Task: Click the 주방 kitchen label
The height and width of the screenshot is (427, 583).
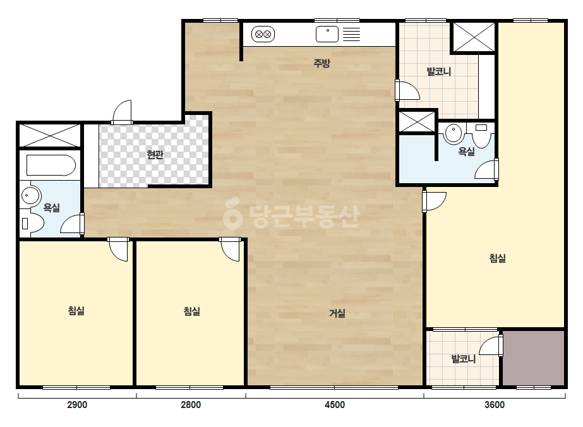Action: click(322, 63)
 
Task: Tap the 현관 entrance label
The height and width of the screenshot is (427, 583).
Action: click(155, 154)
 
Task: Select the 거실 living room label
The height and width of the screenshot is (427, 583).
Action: click(337, 313)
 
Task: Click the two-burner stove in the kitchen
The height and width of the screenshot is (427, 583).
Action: click(263, 35)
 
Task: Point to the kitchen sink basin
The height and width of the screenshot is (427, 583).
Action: click(327, 34)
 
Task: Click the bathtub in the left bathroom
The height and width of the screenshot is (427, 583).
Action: click(51, 165)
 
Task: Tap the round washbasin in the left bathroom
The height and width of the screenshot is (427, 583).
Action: click(30, 195)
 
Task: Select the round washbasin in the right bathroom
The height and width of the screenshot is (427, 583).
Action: click(453, 133)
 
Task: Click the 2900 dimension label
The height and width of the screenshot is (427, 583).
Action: click(77, 405)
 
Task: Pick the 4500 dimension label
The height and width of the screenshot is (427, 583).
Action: click(335, 405)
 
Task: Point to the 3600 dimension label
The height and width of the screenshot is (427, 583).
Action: click(495, 405)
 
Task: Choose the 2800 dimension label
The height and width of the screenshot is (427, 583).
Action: click(191, 405)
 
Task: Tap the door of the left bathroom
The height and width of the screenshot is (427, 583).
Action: click(72, 224)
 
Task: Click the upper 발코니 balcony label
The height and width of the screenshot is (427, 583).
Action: click(439, 71)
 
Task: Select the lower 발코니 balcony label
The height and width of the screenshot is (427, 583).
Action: click(464, 359)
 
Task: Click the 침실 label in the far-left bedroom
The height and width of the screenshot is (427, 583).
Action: click(76, 311)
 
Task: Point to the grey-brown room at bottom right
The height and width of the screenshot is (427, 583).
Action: click(534, 358)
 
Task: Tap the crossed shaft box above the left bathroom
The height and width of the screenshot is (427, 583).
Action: click(50, 135)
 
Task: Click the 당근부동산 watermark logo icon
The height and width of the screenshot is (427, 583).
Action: click(232, 213)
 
